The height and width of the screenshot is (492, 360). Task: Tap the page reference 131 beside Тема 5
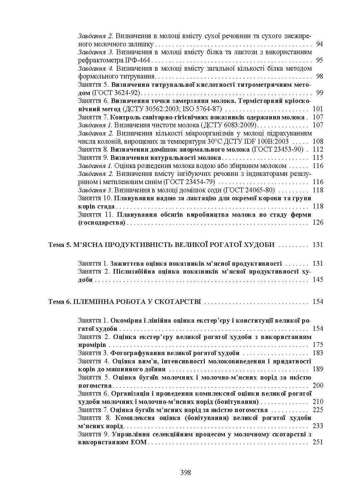click(318, 245)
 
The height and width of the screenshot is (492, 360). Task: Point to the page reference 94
click(319, 44)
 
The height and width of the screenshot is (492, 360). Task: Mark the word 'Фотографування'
click(134, 353)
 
